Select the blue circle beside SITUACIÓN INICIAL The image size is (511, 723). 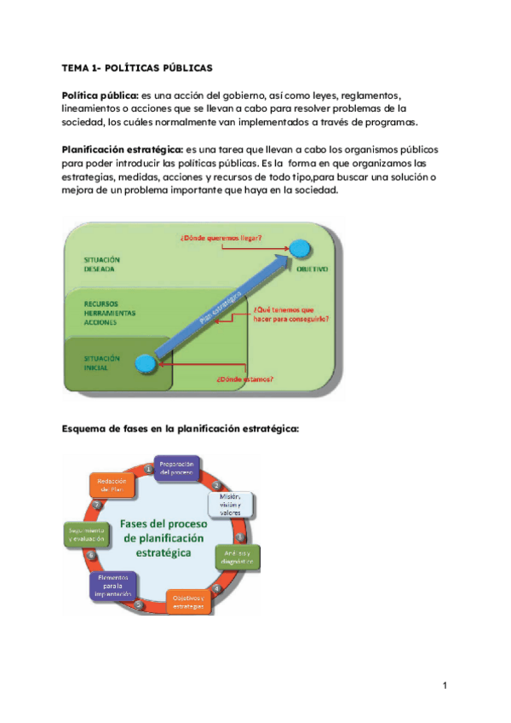(x=146, y=364)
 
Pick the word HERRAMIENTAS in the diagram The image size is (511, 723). (x=108, y=312)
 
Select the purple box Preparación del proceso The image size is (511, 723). (x=177, y=468)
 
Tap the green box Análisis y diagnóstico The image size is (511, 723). (x=237, y=557)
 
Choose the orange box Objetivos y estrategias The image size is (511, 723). (x=188, y=601)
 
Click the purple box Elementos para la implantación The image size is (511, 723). (x=112, y=587)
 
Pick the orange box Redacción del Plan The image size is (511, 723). (x=112, y=484)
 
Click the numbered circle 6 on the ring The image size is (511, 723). (x=91, y=556)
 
